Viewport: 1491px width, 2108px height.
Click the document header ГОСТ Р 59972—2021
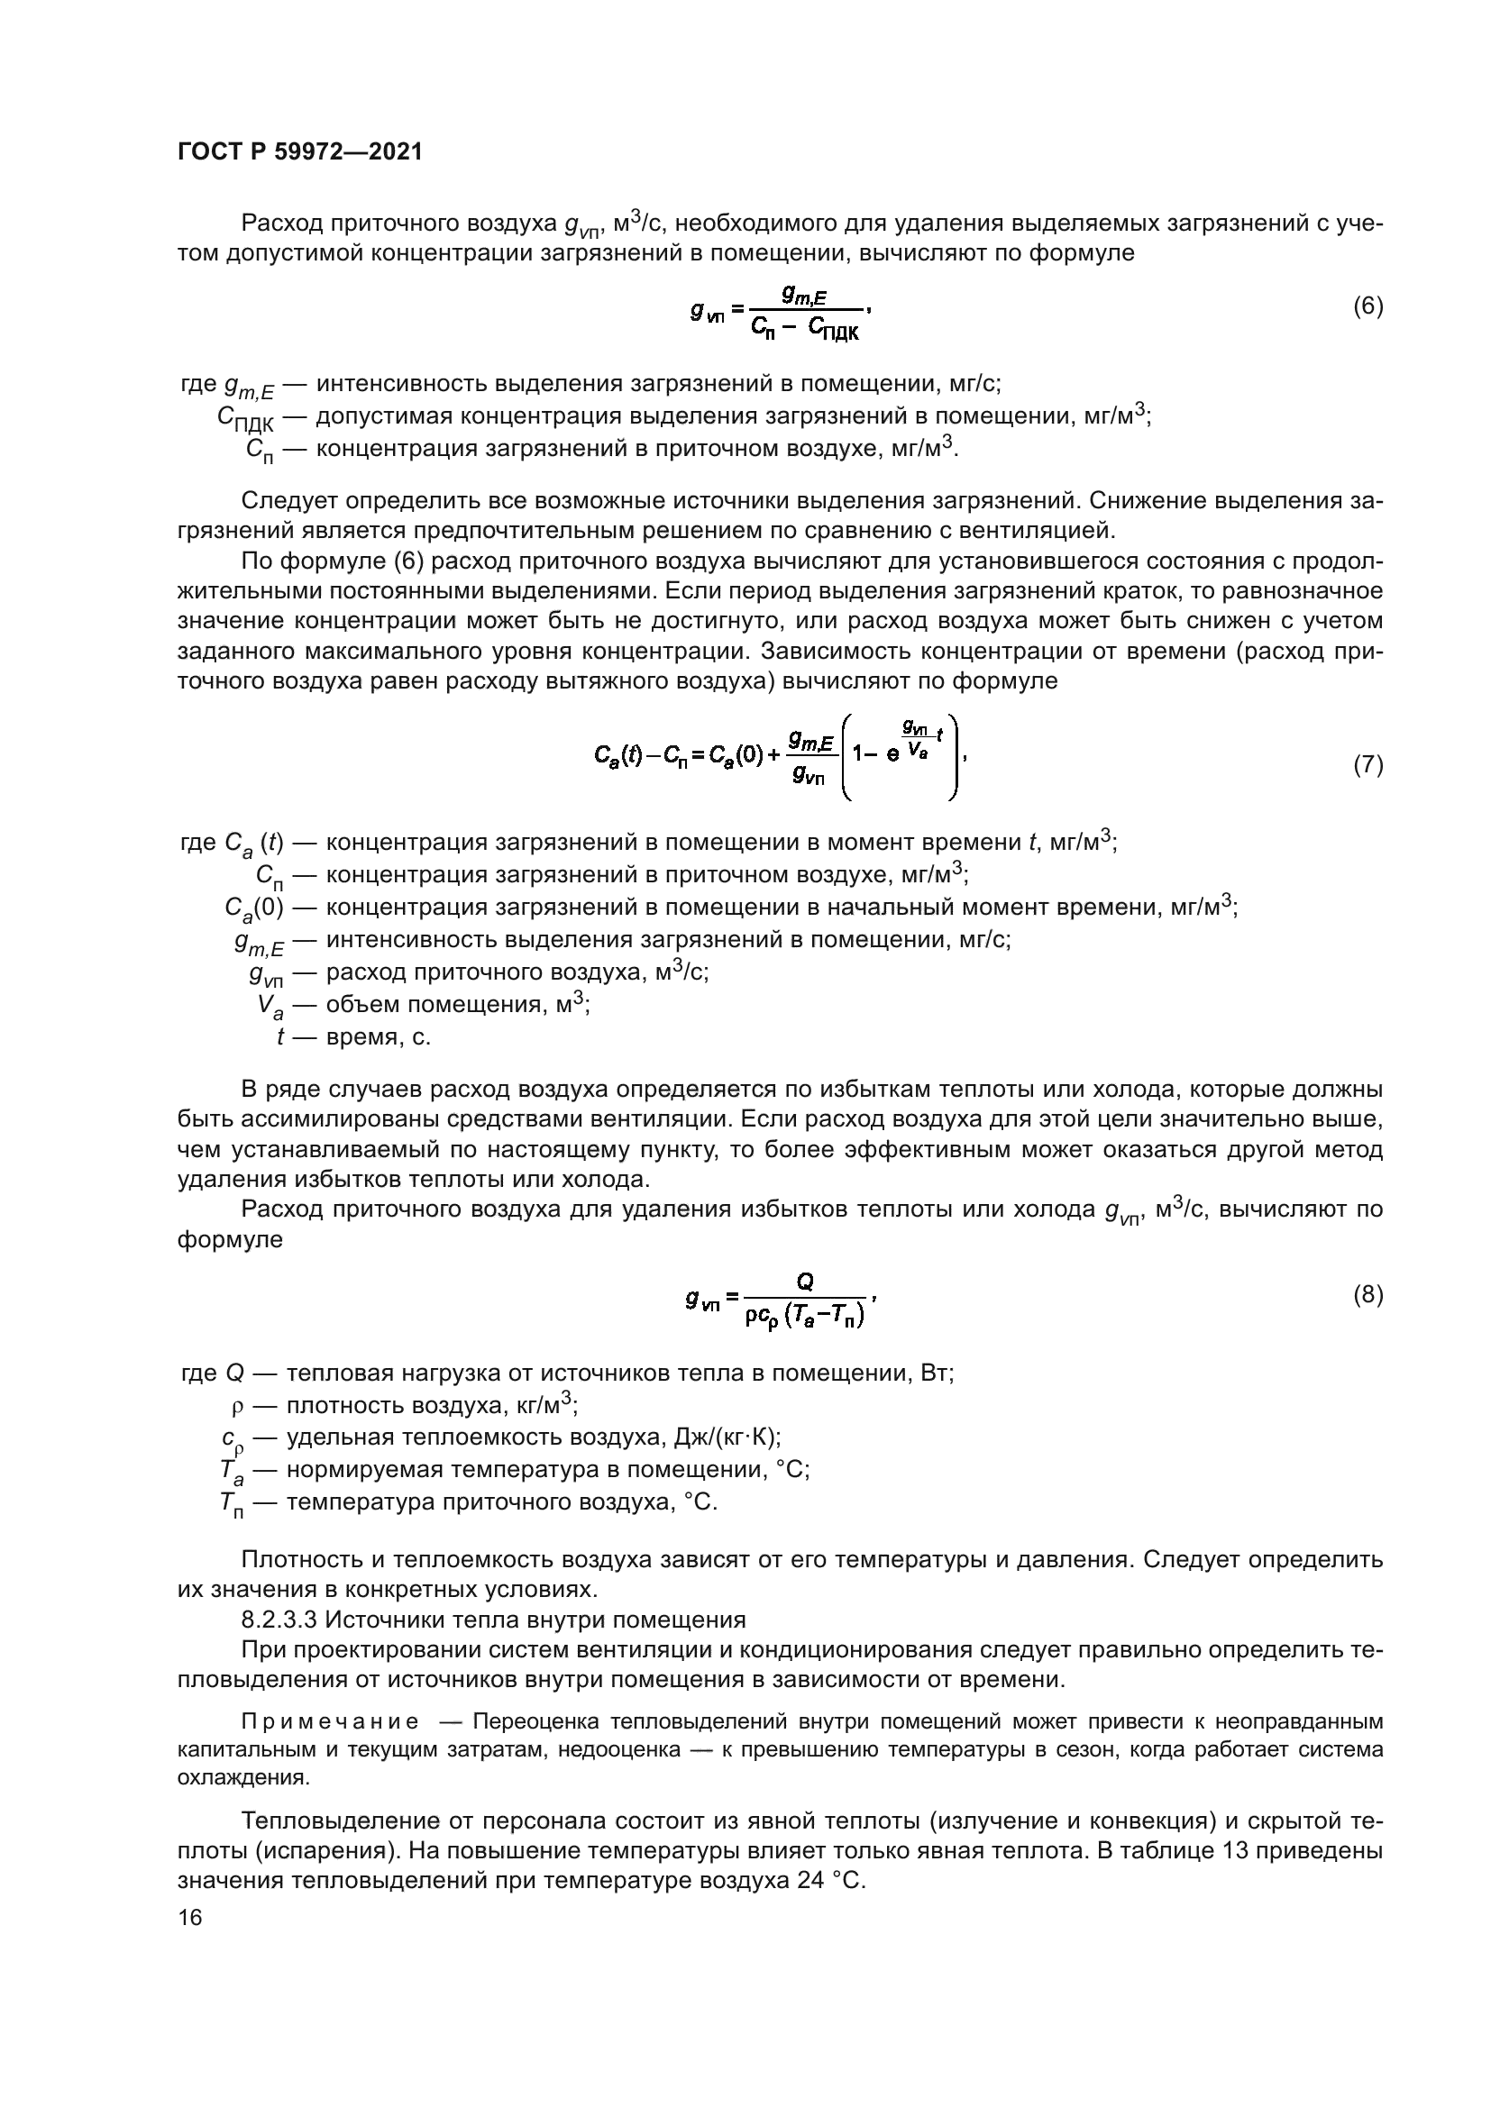coord(300,152)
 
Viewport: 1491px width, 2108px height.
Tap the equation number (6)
coord(1368,306)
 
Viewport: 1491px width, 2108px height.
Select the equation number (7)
coord(1368,765)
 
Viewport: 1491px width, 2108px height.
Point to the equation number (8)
coord(1368,1294)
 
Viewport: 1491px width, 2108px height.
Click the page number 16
coord(190,1917)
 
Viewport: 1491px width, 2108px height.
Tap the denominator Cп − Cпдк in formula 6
coord(804,329)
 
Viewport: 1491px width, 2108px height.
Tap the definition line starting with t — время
coord(353,1037)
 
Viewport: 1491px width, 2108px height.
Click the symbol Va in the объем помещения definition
coord(270,1007)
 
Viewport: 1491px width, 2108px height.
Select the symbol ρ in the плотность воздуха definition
coord(237,1407)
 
